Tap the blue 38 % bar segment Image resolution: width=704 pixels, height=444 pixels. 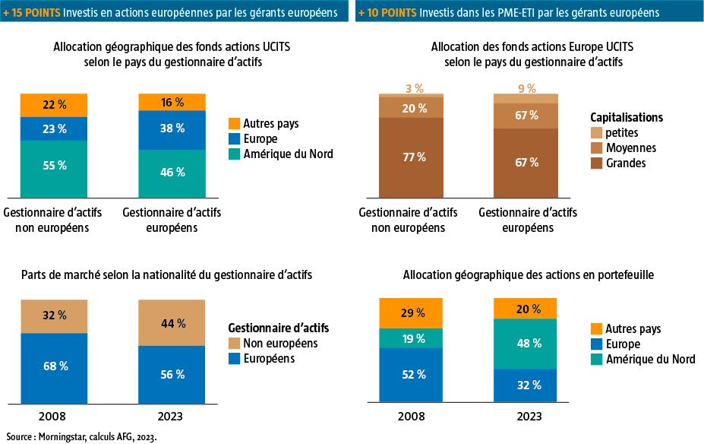coord(172,129)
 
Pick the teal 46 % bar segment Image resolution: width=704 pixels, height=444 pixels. coord(172,173)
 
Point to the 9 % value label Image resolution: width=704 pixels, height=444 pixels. coord(526,88)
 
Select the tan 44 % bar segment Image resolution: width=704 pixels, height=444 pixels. coord(172,322)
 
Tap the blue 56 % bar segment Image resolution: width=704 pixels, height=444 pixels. coord(172,375)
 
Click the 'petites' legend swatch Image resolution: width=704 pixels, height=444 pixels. coord(598,133)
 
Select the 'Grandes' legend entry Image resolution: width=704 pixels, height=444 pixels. coord(627,162)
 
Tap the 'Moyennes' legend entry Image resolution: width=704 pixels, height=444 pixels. coord(630,147)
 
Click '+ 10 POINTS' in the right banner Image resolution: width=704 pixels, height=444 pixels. coord(387,13)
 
